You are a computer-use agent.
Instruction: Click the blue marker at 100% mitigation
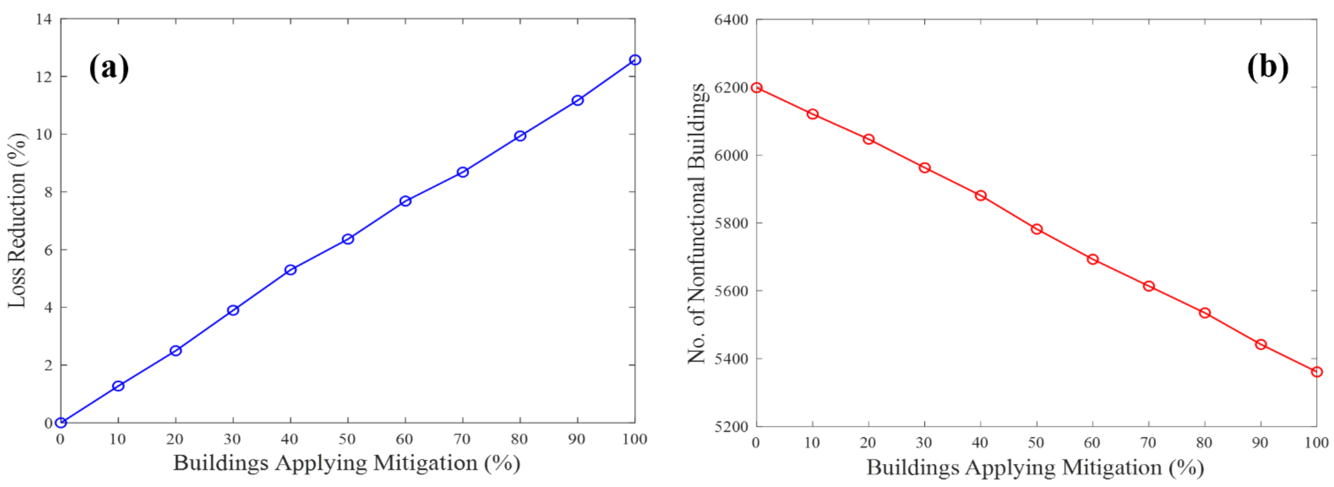point(635,60)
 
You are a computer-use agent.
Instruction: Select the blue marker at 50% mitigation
point(348,239)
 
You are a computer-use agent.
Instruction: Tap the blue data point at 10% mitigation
point(118,386)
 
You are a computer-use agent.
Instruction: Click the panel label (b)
point(1267,67)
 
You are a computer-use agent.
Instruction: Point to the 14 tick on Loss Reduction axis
point(44,20)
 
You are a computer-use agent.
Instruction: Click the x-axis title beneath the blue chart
point(347,463)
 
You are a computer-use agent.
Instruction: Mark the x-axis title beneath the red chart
point(1035,467)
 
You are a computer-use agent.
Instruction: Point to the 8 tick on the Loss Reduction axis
point(48,192)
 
